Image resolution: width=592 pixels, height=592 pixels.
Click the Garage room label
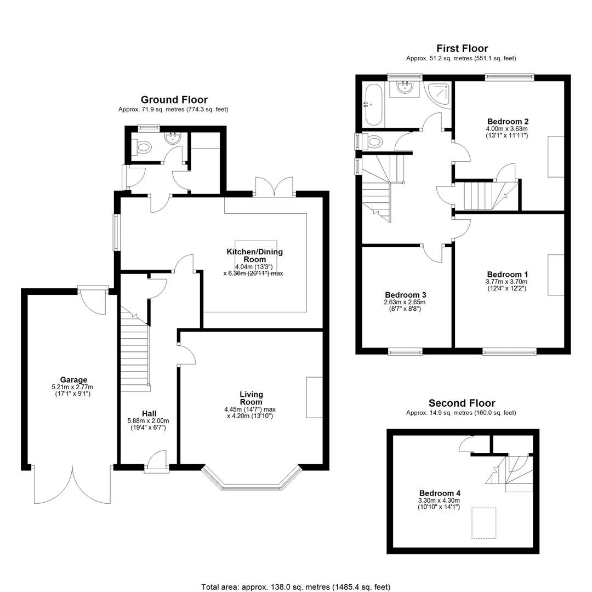click(x=73, y=380)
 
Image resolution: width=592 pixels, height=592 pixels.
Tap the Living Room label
click(x=251, y=398)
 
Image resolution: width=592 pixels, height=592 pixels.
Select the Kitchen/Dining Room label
click(x=254, y=255)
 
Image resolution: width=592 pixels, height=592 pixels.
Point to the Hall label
click(x=149, y=414)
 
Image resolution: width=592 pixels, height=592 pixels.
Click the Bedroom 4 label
click(x=440, y=493)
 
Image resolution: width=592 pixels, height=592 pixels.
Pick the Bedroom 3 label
click(x=406, y=295)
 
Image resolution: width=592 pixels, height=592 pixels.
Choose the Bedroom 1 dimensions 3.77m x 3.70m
click(x=506, y=282)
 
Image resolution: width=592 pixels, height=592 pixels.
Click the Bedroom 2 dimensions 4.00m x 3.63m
click(x=506, y=129)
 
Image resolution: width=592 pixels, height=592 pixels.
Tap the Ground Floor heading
click(x=174, y=100)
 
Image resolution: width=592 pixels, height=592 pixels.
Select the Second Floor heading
click(x=462, y=403)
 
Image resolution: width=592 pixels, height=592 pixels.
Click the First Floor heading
click(x=462, y=48)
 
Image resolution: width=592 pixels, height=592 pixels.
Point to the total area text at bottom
click(x=295, y=587)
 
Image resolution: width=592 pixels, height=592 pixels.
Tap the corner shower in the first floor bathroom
click(x=438, y=95)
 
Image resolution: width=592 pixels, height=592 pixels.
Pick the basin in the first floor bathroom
click(x=405, y=88)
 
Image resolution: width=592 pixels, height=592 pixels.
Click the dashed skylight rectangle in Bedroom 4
click(x=483, y=523)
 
